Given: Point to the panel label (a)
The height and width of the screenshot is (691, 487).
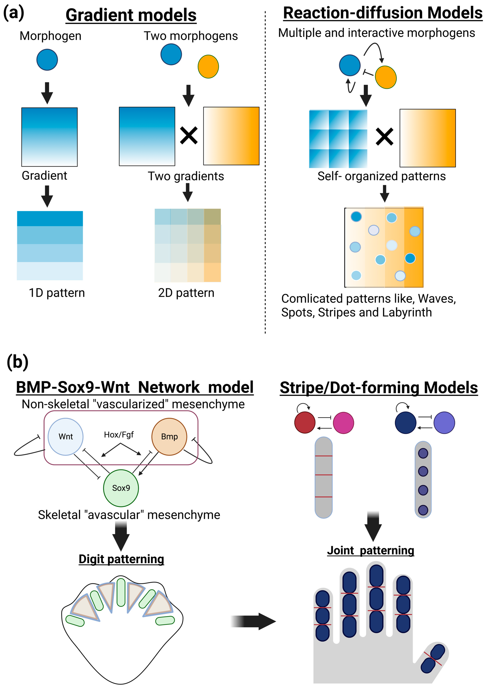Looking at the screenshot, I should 14,14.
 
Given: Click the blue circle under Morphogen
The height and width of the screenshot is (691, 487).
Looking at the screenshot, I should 47,60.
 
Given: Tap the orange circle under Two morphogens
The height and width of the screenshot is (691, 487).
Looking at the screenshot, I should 208,67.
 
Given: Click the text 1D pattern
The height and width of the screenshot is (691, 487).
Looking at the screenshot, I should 57,293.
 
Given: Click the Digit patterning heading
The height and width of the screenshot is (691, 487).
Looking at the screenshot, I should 121,559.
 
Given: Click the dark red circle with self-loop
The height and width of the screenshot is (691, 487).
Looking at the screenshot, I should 305,423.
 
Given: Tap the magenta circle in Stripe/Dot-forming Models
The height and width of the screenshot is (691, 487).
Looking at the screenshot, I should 343,423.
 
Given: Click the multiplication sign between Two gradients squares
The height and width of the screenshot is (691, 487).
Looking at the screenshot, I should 189,136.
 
